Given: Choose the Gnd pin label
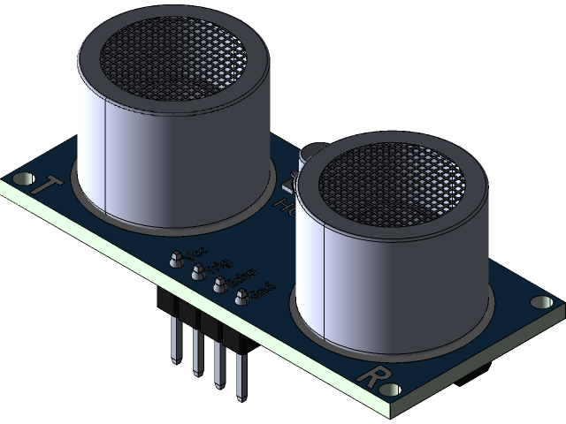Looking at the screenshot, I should [x=264, y=289].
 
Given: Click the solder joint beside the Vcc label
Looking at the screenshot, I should [x=176, y=259].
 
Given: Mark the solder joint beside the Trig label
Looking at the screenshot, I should [x=198, y=272].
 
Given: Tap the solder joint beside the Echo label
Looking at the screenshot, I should [x=219, y=285].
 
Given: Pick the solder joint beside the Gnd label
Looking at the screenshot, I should [x=241, y=299].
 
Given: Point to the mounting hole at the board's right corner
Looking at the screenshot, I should [x=537, y=302].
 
